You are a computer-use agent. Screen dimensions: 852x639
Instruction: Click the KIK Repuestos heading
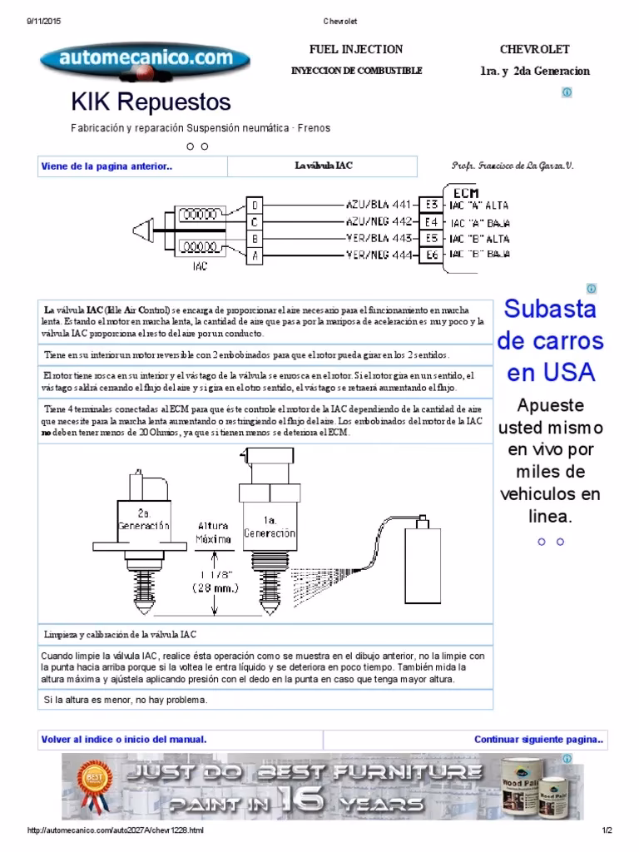click(x=151, y=102)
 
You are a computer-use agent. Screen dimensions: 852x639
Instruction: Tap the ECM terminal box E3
click(x=429, y=204)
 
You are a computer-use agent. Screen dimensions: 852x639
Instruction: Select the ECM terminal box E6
click(x=429, y=255)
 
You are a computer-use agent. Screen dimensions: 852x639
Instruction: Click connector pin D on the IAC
click(x=255, y=204)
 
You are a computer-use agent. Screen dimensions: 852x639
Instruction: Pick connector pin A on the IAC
click(x=255, y=256)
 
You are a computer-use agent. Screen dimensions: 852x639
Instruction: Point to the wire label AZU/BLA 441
click(x=379, y=204)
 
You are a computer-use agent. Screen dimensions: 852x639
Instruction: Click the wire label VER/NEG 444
click(x=379, y=256)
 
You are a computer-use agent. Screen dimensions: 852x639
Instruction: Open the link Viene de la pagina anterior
click(x=106, y=166)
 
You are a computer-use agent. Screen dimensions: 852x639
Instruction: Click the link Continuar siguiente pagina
click(x=538, y=739)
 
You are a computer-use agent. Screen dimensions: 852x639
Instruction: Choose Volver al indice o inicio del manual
click(x=124, y=739)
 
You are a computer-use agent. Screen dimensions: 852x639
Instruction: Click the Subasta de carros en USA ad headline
click(x=550, y=340)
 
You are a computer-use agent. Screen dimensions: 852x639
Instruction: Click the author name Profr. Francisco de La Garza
click(x=512, y=166)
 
